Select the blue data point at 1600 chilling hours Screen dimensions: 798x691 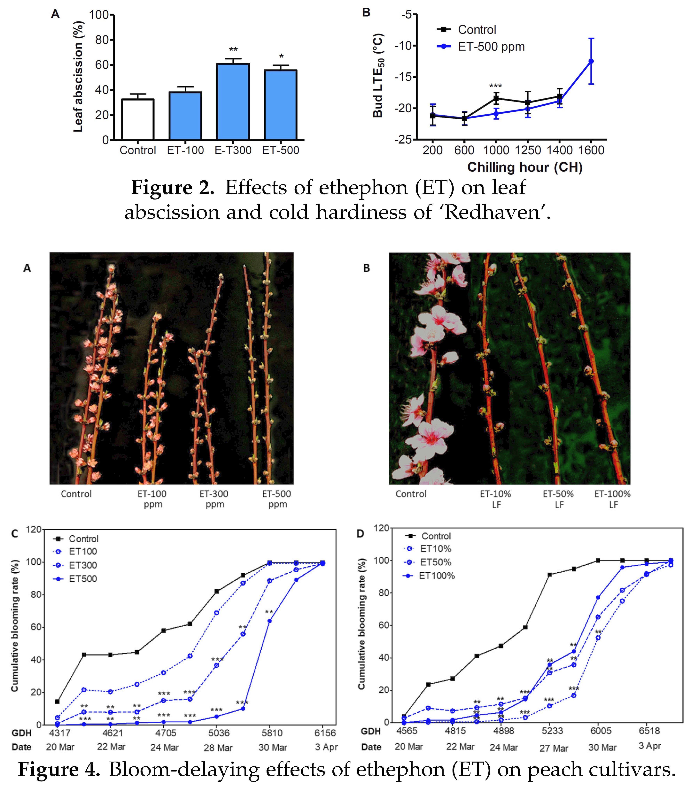click(591, 61)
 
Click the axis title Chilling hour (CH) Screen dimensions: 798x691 click(525, 167)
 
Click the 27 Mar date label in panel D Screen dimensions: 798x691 click(553, 748)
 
